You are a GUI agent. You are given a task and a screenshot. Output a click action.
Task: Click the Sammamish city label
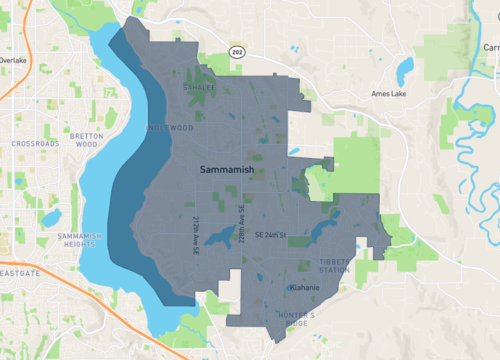point(226,172)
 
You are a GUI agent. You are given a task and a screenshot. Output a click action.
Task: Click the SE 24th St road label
point(271,235)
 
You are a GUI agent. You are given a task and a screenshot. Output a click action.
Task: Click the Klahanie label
point(304,287)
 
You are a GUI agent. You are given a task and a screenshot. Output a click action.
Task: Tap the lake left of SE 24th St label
point(220,239)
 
